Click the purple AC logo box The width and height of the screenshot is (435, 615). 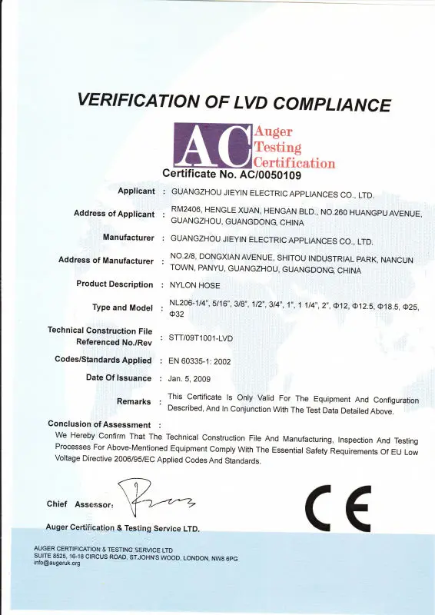pyautogui.click(x=214, y=145)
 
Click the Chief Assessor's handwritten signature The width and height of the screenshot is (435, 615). pyautogui.click(x=157, y=500)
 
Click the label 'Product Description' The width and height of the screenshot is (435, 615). pyautogui.click(x=115, y=284)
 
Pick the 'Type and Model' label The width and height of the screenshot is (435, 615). pyautogui.click(x=121, y=307)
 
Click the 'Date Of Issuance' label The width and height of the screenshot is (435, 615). pyautogui.click(x=119, y=378)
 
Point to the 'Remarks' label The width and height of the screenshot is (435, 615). pyautogui.click(x=134, y=401)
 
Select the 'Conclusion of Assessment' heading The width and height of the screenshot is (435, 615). pyautogui.click(x=99, y=424)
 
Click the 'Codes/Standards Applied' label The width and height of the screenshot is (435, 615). pyautogui.click(x=104, y=360)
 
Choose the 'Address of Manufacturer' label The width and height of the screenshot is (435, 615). pyautogui.click(x=106, y=261)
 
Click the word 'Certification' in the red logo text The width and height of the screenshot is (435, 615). pyautogui.click(x=294, y=163)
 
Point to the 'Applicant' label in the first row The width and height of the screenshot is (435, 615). pyautogui.click(x=136, y=190)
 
